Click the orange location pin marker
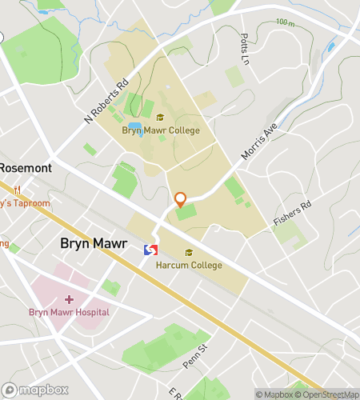pos(180,199)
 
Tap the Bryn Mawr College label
pos(161,130)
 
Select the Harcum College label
pos(190,265)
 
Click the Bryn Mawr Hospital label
pos(69,312)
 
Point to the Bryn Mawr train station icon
pos(150,250)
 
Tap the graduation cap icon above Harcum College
pos(190,253)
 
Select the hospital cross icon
pos(69,299)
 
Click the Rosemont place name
pos(26,168)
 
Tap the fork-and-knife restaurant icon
pos(16,190)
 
